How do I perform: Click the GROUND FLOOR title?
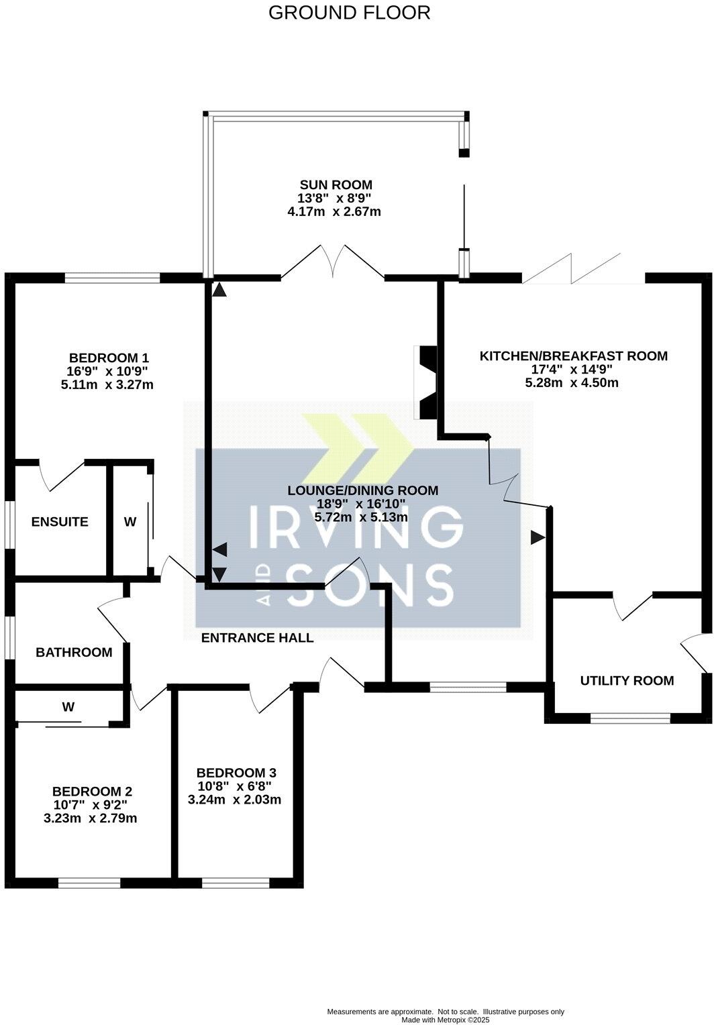pos(349,12)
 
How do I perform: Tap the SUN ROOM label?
pos(336,184)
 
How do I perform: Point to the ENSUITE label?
pos(60,521)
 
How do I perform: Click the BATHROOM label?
pos(74,652)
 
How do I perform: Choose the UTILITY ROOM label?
pos(627,680)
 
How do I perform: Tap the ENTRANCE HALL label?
pos(258,637)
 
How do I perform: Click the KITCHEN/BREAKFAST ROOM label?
pos(573,356)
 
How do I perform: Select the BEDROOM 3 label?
pos(236,772)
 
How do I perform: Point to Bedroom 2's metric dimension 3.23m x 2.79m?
pos(95,818)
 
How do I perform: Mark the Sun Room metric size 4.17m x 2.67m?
pos(334,212)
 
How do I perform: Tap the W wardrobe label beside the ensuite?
pos(130,521)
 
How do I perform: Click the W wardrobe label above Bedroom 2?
pos(68,706)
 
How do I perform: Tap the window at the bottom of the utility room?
pos(630,718)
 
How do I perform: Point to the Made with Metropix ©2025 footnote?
pos(446,1020)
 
